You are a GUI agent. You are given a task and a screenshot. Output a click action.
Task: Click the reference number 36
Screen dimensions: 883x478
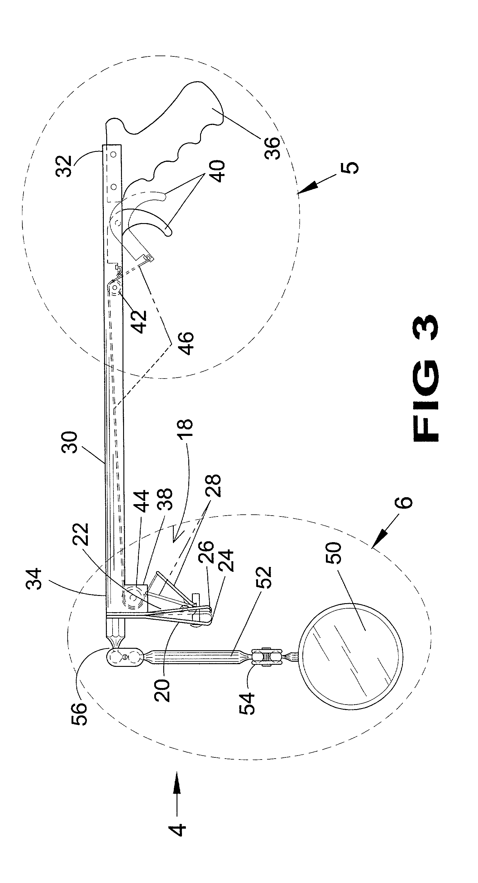click(272, 148)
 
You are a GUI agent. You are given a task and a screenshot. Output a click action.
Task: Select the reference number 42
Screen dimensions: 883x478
click(140, 322)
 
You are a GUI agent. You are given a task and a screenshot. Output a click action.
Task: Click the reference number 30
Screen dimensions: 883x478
click(71, 443)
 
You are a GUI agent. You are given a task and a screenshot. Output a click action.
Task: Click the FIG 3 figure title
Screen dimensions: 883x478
click(426, 379)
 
